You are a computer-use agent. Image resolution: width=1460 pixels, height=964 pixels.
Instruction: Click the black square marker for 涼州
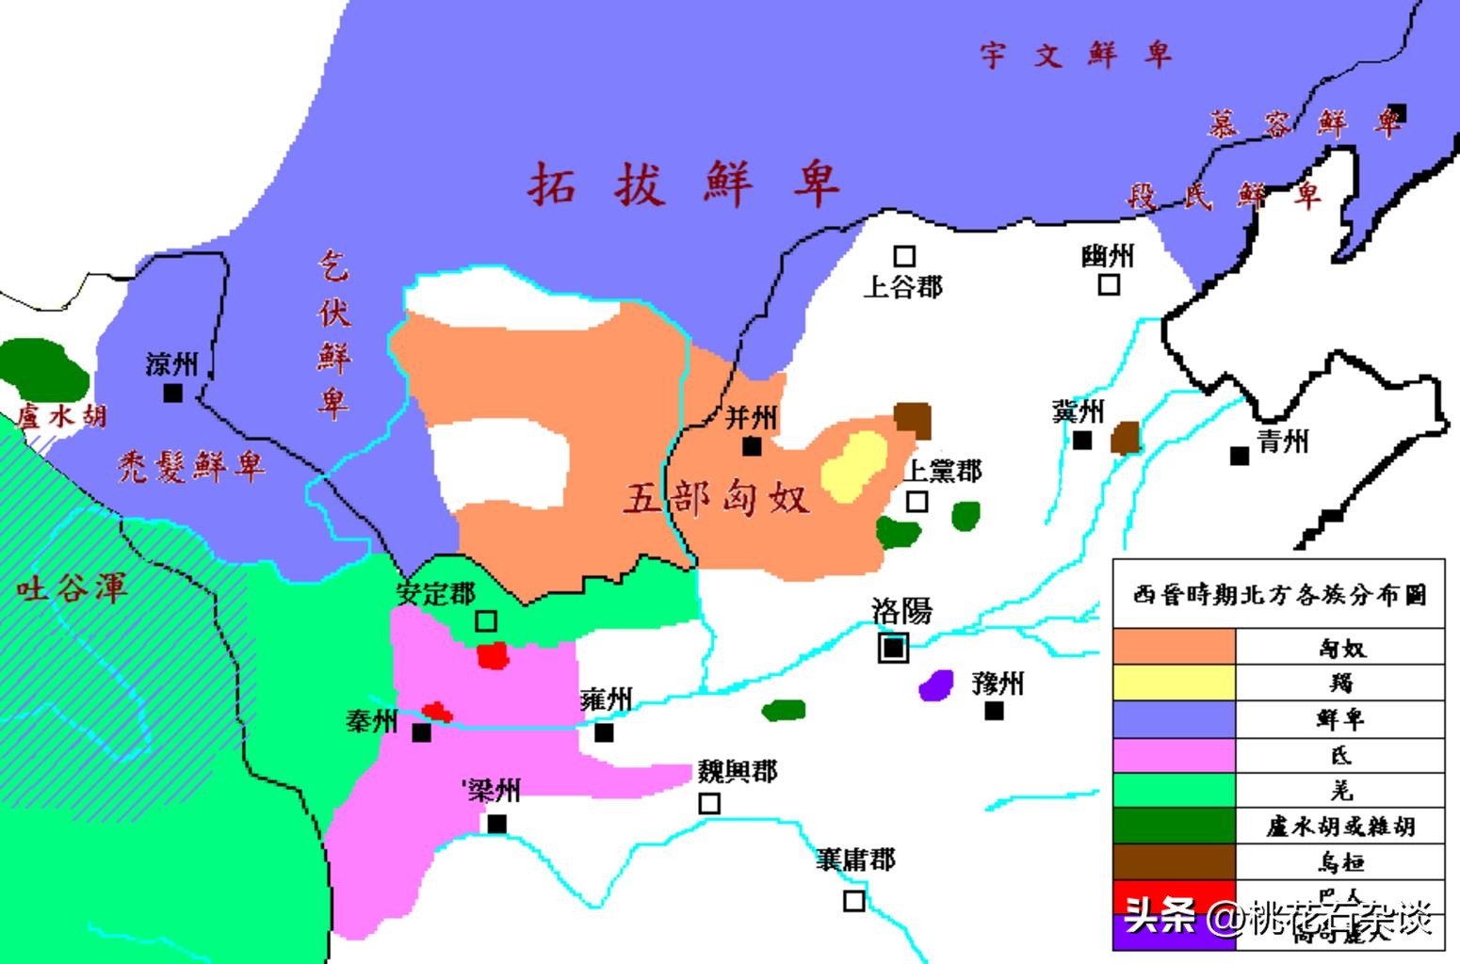coord(173,393)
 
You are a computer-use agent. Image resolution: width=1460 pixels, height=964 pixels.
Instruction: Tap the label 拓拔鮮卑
coord(682,184)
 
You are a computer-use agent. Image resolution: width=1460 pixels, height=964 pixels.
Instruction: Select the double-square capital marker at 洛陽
coord(894,647)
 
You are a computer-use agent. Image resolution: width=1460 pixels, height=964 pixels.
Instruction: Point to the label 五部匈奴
coord(717,497)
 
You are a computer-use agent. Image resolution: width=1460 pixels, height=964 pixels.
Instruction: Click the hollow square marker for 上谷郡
coord(904,256)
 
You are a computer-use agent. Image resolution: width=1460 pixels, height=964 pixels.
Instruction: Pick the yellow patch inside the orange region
coord(855,465)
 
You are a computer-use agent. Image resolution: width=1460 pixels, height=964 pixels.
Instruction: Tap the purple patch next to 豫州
coord(936,683)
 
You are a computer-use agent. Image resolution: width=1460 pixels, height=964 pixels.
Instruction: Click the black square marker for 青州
coord(1240,456)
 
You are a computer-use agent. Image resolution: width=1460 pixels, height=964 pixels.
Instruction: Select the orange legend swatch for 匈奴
coord(1174,647)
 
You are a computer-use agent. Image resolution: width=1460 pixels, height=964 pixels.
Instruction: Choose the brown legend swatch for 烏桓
coord(1174,861)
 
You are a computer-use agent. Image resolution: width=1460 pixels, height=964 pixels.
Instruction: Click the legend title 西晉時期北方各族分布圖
coord(1279,595)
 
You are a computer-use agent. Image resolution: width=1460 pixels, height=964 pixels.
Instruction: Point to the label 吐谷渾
coord(72,589)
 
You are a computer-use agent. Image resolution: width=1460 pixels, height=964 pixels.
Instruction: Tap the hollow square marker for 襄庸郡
coord(853,901)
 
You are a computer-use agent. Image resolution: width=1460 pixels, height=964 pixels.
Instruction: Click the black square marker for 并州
coord(752,445)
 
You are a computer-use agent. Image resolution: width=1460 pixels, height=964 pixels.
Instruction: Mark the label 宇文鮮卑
coord(1075,55)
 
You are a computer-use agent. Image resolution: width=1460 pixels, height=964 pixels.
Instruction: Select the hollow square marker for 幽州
coord(1110,283)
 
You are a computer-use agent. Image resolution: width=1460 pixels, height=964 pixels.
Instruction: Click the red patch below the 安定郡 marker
coord(493,655)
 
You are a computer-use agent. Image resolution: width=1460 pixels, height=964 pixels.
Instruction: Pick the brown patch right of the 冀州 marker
coord(1126,438)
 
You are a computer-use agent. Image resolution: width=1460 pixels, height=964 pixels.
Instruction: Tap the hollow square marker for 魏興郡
coord(709,803)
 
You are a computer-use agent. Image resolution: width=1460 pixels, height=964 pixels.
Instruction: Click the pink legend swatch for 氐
coord(1174,755)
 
